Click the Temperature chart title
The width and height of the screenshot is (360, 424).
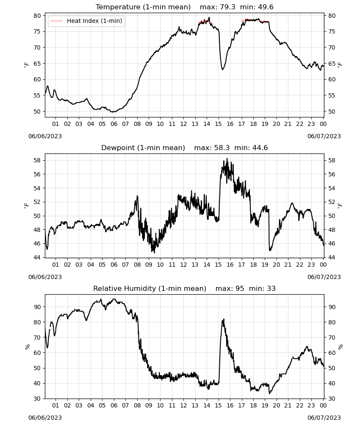(185, 7)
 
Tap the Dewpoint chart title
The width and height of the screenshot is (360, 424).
(185, 148)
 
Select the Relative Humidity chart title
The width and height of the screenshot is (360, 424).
(185, 288)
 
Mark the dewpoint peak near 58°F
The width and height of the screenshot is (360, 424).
(227, 159)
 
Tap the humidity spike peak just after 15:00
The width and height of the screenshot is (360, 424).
(223, 319)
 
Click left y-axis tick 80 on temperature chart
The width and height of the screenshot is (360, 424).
(37, 16)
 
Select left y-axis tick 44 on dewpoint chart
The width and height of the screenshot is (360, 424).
(37, 257)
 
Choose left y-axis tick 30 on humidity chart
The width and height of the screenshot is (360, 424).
(37, 399)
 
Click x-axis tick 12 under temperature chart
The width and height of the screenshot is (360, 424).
(183, 124)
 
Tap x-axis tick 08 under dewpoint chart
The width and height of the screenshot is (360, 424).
(137, 265)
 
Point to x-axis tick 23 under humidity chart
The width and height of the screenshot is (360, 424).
(311, 405)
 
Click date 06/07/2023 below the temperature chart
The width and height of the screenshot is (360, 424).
(324, 136)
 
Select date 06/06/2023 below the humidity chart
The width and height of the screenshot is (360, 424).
(45, 418)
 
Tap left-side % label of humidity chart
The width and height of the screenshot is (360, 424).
(27, 347)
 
